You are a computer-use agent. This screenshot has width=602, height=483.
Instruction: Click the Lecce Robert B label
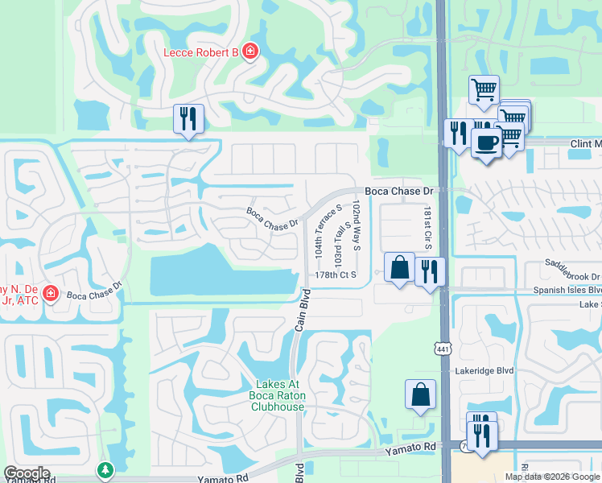click(x=201, y=52)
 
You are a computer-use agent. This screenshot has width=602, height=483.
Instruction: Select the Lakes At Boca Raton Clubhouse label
click(x=280, y=395)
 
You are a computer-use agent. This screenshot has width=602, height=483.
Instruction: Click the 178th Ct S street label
click(x=336, y=275)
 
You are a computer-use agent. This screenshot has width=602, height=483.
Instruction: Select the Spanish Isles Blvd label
click(x=567, y=290)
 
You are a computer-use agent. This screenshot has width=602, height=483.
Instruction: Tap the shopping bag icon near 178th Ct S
click(x=399, y=266)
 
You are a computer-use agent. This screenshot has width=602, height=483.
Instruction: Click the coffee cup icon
click(x=485, y=143)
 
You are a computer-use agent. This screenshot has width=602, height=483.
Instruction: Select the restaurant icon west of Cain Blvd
click(x=188, y=119)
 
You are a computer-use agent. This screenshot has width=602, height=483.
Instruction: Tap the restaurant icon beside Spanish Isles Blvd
click(x=430, y=271)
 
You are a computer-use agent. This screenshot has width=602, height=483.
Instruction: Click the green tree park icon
click(x=104, y=469)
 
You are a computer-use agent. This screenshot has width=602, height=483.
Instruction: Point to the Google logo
click(x=27, y=473)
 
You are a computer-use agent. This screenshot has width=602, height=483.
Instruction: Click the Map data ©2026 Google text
click(x=552, y=477)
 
